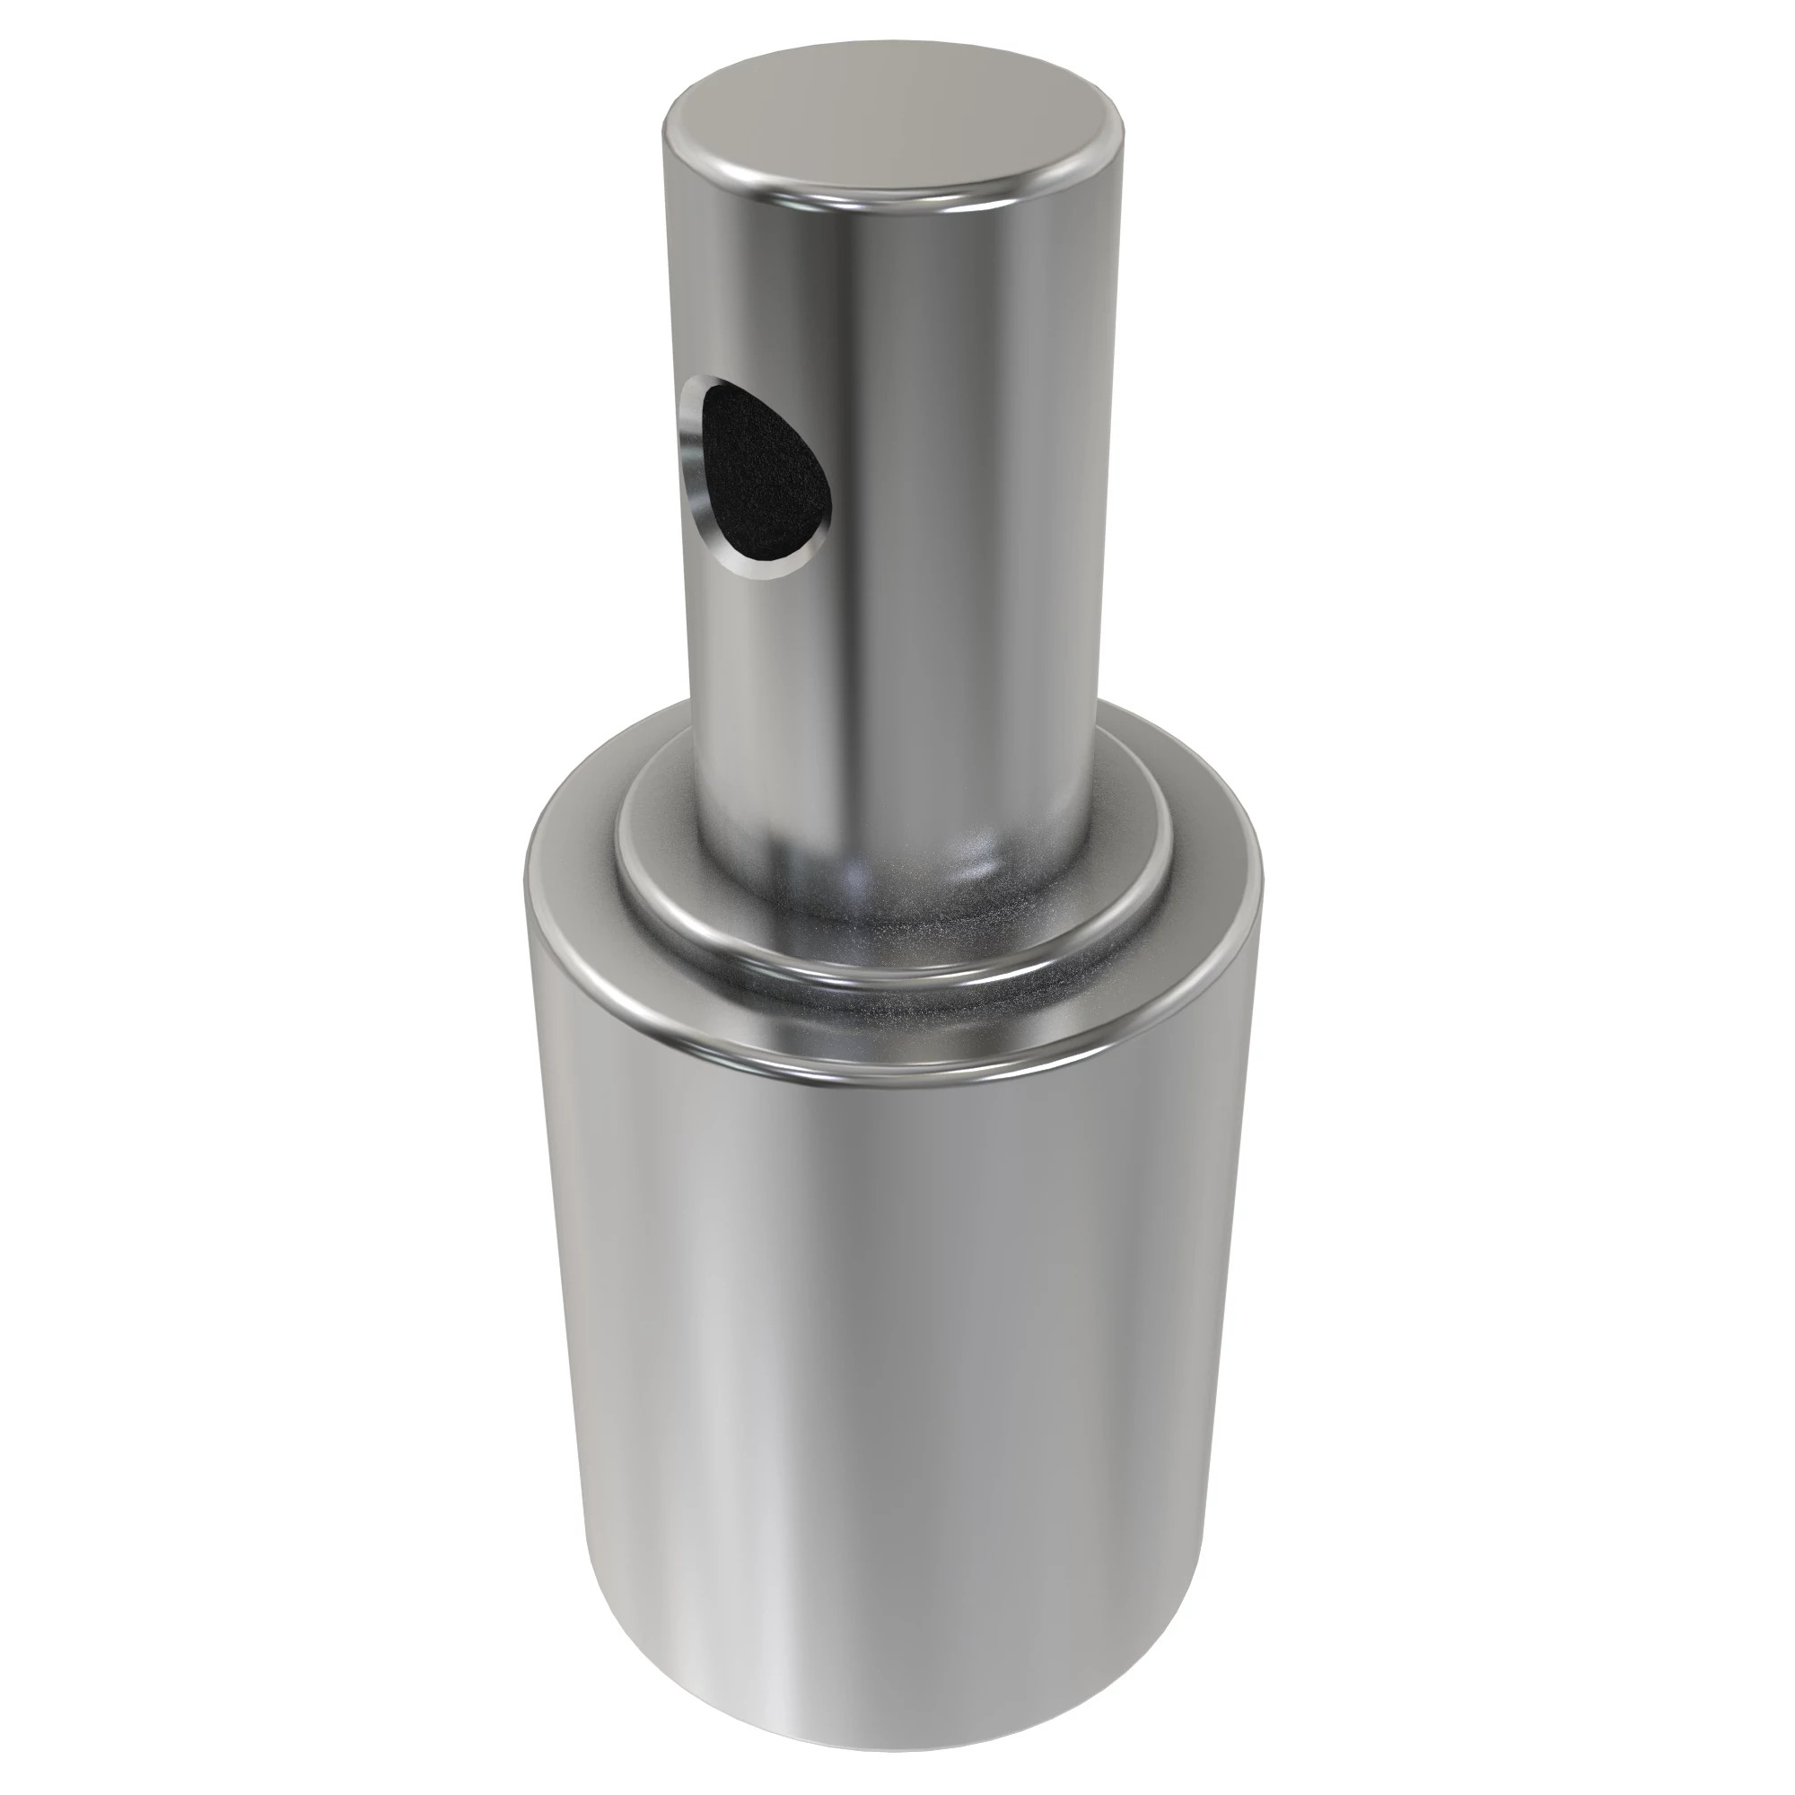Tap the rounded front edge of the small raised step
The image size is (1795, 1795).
[x=892, y=967]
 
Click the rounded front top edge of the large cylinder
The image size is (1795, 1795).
[x=892, y=1078]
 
